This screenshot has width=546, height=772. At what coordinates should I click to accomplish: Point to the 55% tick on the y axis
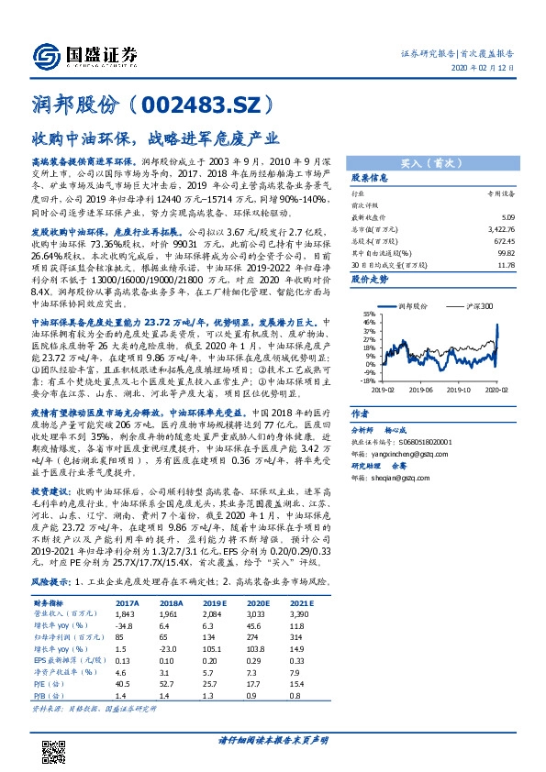[x=367, y=314]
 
